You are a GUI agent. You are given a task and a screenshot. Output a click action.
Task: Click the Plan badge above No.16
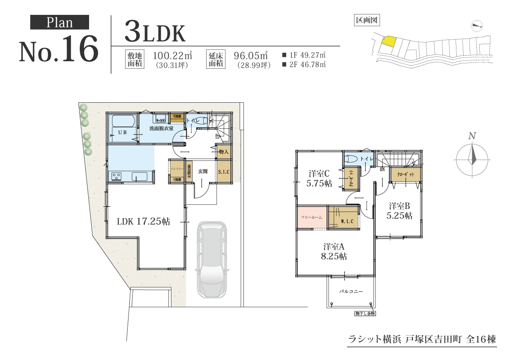(59, 22)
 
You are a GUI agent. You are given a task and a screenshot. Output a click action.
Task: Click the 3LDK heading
(155, 33)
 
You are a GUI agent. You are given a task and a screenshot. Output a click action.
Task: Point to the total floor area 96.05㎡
(251, 56)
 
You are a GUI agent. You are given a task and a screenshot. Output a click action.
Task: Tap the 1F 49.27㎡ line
(304, 55)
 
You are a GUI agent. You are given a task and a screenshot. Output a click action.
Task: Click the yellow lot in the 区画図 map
(389, 41)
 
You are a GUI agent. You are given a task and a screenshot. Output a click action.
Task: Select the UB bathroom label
(122, 132)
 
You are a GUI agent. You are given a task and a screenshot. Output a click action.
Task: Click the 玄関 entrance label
(202, 171)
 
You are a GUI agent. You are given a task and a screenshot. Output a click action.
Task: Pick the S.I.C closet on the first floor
(224, 172)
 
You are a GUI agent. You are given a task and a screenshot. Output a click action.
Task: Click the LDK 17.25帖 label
(143, 221)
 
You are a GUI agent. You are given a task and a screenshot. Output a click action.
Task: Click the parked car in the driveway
(211, 259)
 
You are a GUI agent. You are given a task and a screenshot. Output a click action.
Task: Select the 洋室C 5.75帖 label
(319, 179)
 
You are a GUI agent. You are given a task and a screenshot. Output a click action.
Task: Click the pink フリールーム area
(311, 217)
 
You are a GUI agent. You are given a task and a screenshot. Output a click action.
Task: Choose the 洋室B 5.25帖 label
(399, 211)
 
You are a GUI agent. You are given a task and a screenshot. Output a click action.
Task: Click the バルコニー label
(351, 292)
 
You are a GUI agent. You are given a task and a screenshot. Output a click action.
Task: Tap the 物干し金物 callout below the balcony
(365, 314)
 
